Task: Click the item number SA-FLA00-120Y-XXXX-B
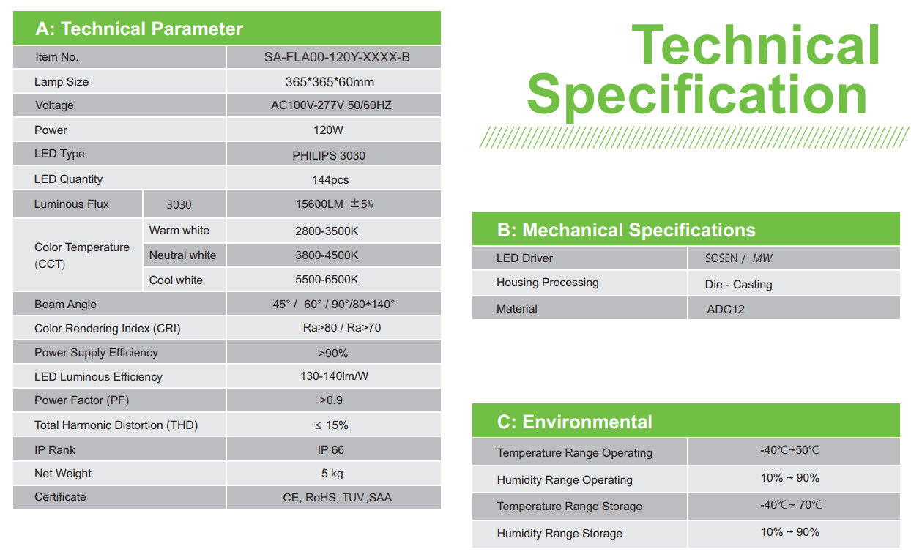pos(337,57)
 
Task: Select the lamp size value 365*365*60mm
pos(330,82)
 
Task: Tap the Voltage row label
pos(54,105)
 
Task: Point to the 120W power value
pos(328,130)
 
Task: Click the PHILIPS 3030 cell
pos(329,155)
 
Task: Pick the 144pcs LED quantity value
pos(330,180)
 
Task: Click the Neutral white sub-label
pos(182,255)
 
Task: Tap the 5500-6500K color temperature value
pos(327,280)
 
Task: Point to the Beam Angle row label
pos(65,305)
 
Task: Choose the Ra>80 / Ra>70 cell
pos(341,328)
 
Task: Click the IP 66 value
pos(331,449)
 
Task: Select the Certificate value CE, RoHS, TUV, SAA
pos(337,497)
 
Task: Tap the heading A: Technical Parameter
pos(139,29)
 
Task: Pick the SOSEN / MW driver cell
pos(739,258)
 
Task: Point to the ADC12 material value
pos(726,309)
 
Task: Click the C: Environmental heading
pos(575,422)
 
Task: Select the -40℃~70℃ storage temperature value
pos(791,504)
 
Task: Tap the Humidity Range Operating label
pos(565,480)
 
